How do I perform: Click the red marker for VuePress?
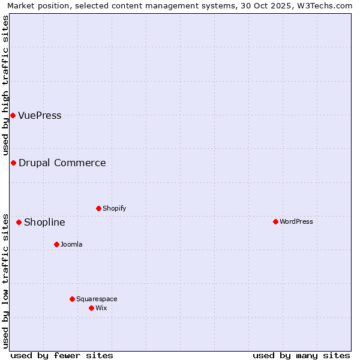point(13,115)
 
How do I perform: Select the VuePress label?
point(40,116)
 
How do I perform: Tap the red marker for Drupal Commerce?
point(13,163)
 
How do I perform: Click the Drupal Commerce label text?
point(62,163)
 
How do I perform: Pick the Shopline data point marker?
point(19,222)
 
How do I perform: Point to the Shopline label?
point(44,223)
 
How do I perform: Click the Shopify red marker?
point(98,208)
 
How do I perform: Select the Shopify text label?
point(114,209)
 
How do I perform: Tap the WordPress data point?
point(275,221)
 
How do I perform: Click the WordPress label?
point(296,222)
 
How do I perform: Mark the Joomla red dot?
point(56,244)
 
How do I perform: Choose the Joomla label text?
point(71,245)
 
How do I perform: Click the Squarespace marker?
point(72,299)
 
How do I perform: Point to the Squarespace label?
point(97,299)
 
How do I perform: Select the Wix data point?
point(91,308)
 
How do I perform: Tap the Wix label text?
point(101,308)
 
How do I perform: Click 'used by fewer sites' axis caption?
point(62,355)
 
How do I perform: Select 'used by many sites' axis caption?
point(301,355)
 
